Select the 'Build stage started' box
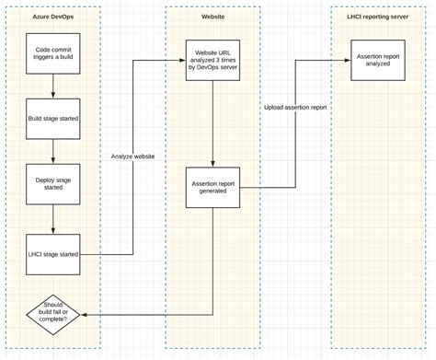coord(53,119)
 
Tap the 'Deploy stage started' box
coord(53,182)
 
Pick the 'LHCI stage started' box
coord(53,253)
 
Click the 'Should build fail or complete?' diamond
coord(53,315)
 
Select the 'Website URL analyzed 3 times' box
coord(212,61)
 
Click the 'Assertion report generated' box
coord(212,188)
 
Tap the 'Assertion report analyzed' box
coord(378,61)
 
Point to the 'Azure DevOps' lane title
coord(53,17)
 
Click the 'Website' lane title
coord(212,17)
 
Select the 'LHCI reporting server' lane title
coord(378,17)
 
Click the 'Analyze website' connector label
coord(132,157)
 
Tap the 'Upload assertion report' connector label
coord(294,108)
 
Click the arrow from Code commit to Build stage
coord(53,87)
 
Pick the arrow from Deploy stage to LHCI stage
coord(53,218)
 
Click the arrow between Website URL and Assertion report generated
coord(212,124)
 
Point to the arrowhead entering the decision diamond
coord(85,315)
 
